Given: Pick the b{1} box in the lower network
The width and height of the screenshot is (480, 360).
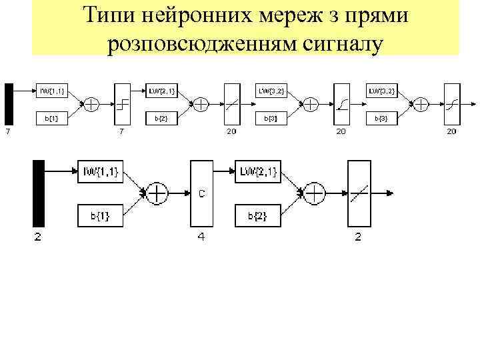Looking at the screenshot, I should click(99, 214).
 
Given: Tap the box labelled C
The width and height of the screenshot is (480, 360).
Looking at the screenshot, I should click(201, 193).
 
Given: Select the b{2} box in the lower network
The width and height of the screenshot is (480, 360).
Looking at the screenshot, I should click(256, 214).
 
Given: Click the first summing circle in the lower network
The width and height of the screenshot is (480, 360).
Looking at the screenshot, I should click(157, 193).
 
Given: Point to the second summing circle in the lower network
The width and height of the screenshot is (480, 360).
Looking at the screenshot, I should click(314, 193).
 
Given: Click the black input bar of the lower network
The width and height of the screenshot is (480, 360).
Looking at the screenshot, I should click(38, 193).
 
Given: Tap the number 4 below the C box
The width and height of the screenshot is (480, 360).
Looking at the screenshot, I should click(200, 237).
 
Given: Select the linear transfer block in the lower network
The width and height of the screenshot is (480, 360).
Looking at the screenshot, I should click(358, 193).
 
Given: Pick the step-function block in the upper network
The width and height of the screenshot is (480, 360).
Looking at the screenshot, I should click(121, 104).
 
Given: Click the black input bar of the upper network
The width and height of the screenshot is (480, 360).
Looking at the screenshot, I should click(9, 104).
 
